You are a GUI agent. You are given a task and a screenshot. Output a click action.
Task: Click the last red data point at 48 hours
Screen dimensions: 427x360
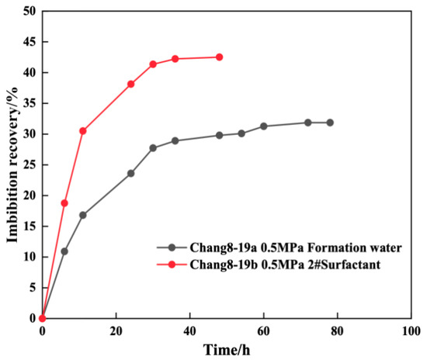219,57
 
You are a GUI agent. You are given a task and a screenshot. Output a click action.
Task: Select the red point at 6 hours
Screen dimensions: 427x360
64,203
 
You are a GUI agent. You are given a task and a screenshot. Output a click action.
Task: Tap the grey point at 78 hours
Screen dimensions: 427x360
330,123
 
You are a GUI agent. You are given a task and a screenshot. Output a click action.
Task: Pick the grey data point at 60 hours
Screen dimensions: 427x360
264,126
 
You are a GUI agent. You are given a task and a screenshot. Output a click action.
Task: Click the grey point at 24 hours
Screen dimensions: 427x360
130,173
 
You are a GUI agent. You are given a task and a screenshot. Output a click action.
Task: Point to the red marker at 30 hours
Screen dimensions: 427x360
153,64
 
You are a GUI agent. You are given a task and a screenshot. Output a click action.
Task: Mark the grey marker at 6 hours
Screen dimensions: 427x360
64,251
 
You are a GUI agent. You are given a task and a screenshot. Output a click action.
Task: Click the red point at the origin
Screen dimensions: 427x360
42,318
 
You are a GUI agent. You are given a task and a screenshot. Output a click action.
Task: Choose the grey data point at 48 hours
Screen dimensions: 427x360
219,135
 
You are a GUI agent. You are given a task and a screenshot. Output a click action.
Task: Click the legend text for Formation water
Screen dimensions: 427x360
296,247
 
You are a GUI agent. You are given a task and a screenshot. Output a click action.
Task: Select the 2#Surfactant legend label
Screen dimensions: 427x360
285,265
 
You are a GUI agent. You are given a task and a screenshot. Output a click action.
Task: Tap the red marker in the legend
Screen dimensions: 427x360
172,265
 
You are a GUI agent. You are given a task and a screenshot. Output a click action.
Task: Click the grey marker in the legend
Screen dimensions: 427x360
172,247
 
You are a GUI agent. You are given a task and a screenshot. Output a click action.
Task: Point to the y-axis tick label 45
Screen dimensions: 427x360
30,42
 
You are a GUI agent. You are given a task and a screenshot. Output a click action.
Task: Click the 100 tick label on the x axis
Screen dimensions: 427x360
411,331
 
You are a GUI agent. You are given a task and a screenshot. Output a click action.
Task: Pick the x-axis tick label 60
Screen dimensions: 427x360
264,331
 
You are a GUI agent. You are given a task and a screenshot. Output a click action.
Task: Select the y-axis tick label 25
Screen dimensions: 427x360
30,165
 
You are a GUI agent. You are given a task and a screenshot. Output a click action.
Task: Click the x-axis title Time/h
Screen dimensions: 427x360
227,350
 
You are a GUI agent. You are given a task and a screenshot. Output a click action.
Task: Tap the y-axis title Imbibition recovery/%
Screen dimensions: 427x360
12,164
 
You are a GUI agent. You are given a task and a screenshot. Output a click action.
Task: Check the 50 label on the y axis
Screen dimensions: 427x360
30,12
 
